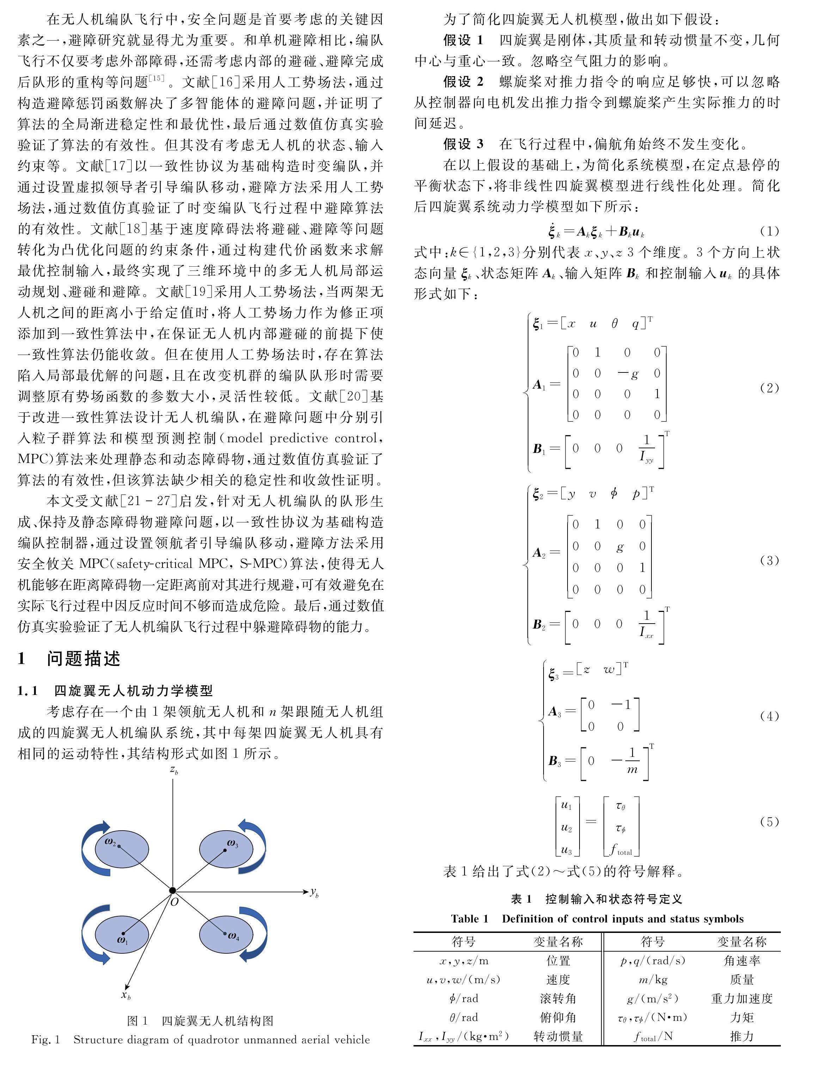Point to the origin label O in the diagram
click(174, 902)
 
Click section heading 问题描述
click(84, 659)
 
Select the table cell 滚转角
click(558, 999)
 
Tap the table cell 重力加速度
click(741, 999)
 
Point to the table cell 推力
click(741, 1036)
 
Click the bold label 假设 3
click(463, 144)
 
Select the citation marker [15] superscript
click(157, 78)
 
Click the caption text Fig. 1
click(45, 1040)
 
